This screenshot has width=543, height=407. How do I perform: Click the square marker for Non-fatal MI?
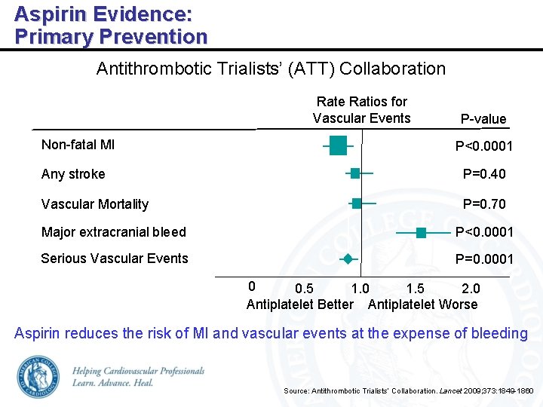click(338, 145)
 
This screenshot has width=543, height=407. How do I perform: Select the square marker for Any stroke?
click(354, 173)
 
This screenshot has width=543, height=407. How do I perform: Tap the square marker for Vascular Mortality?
click(357, 203)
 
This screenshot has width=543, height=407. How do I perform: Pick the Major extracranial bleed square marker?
click(421, 232)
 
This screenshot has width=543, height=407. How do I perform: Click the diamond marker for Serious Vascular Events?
click(348, 259)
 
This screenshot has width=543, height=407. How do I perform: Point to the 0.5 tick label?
click(305, 289)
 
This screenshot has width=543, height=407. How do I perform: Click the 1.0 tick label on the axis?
click(360, 289)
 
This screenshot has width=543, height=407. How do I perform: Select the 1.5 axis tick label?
click(415, 289)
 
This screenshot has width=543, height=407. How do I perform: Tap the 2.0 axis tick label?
click(471, 289)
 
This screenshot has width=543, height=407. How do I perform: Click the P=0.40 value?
click(484, 174)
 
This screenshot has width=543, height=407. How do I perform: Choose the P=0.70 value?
click(484, 204)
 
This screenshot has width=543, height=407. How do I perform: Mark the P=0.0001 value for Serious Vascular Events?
click(484, 259)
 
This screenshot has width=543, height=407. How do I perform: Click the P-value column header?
click(483, 119)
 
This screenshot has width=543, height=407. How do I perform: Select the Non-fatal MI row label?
click(78, 145)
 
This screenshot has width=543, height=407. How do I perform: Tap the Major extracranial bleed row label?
click(113, 232)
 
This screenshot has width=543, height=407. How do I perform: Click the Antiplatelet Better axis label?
click(299, 304)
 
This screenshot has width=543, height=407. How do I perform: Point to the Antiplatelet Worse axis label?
click(422, 304)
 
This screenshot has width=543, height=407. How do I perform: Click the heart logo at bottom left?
click(38, 376)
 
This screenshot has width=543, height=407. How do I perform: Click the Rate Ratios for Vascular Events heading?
click(361, 110)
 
